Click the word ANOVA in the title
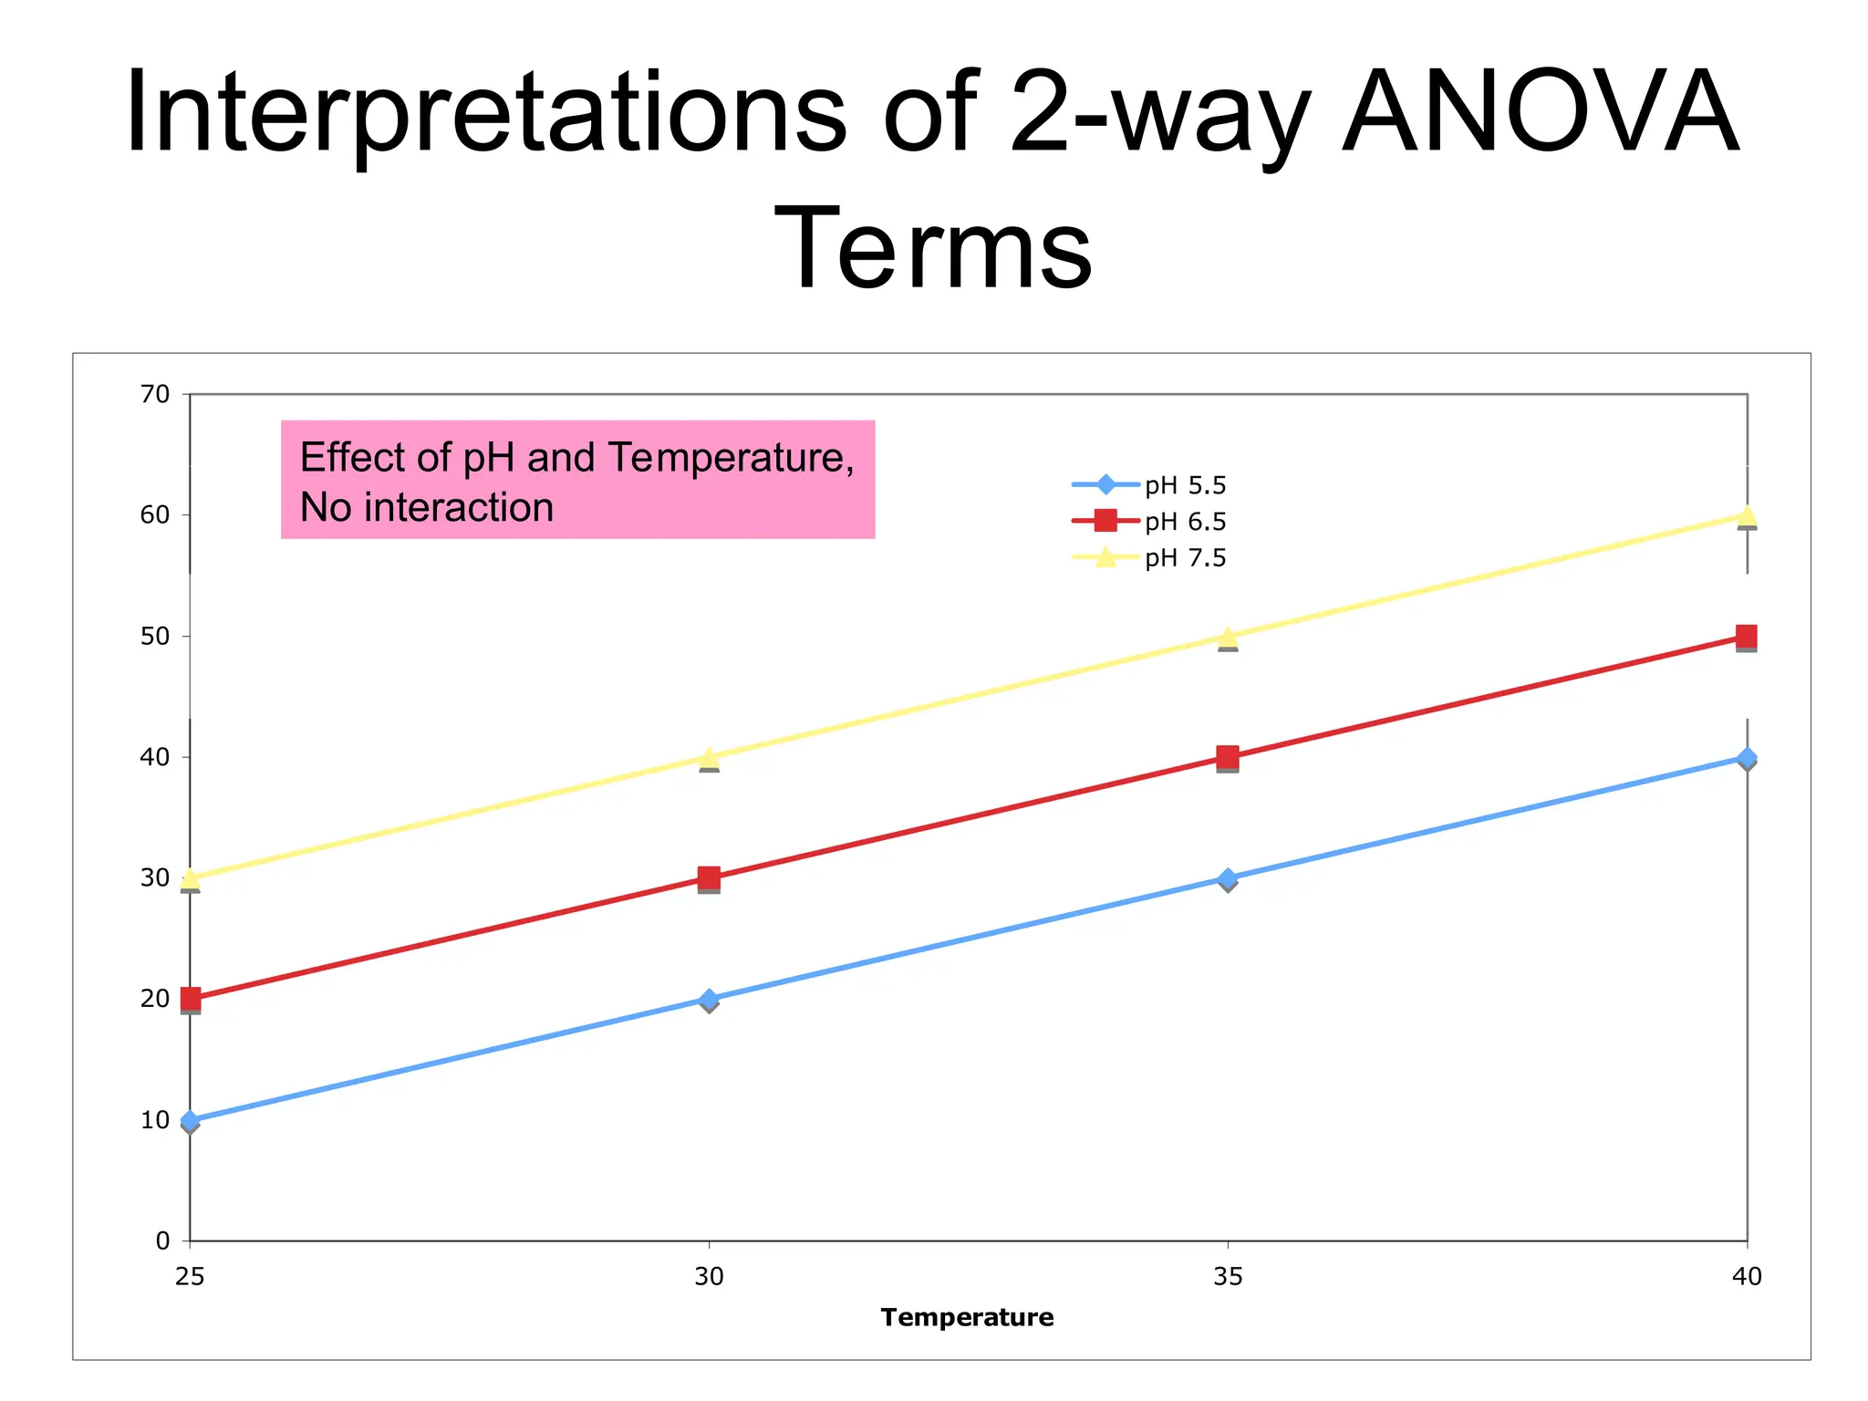point(1541,114)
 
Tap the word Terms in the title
point(932,248)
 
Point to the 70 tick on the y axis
point(155,394)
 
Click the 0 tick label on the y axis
point(162,1240)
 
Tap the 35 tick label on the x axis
point(1228,1277)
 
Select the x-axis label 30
point(709,1277)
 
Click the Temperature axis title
point(967,1317)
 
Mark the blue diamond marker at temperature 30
point(709,1000)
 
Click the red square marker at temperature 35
point(1228,757)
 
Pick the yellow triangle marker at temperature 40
point(1747,516)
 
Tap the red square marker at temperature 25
point(190,999)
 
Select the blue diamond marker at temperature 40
point(1747,758)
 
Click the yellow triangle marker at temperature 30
point(709,758)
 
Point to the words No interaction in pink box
point(427,508)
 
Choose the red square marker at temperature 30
point(709,878)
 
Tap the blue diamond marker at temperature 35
point(1228,878)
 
